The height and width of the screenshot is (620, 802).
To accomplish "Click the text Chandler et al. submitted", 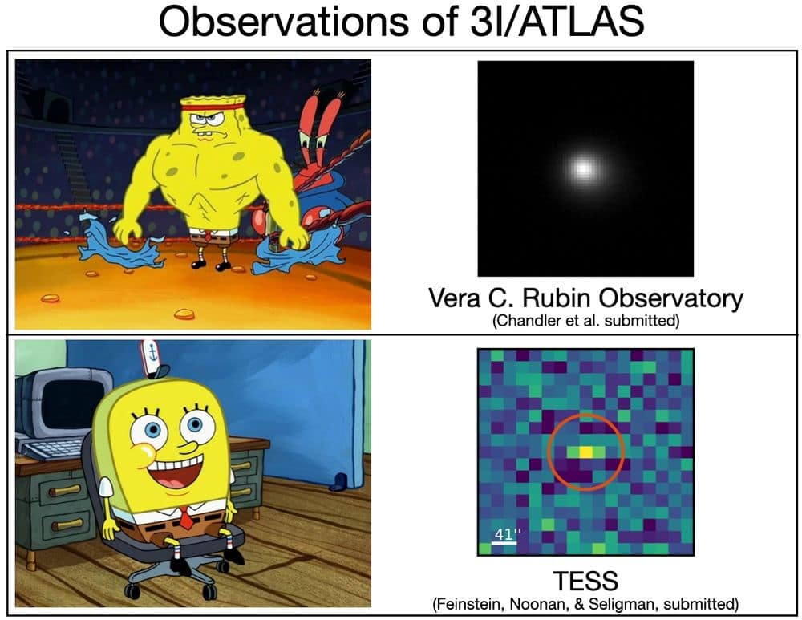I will [585, 322].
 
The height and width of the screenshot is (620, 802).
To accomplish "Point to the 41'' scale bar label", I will [503, 533].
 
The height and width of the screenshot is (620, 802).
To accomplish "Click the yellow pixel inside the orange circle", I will [587, 452].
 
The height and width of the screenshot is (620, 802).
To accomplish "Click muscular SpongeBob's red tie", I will [207, 237].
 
